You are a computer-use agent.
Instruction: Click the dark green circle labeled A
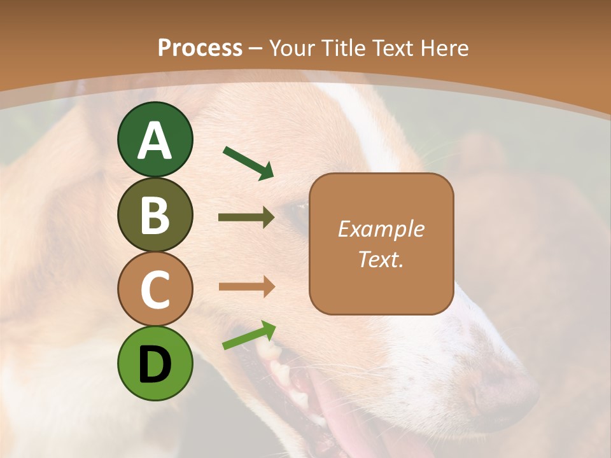tap(155, 139)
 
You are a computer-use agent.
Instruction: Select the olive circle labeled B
tap(155, 214)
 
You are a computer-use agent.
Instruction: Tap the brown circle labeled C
tap(155, 289)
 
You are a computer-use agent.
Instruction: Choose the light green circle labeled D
tap(155, 363)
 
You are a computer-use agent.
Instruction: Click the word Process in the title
tap(200, 48)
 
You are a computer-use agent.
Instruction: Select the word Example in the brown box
tap(381, 229)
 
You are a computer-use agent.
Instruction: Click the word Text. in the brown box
tap(381, 259)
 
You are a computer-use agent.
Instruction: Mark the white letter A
tap(155, 141)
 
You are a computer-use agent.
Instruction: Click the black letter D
tap(155, 364)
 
